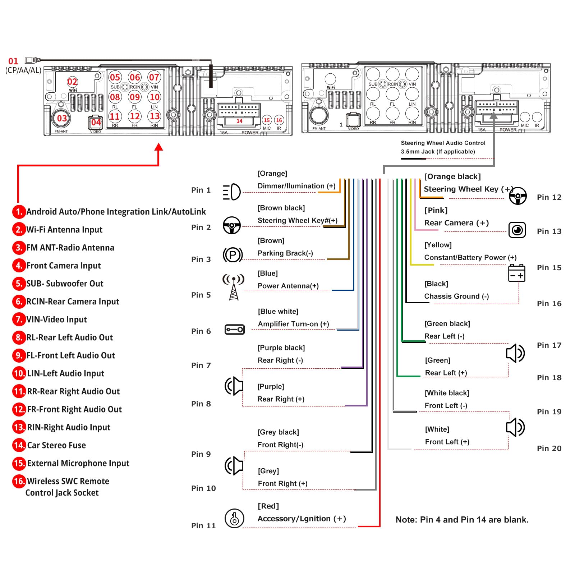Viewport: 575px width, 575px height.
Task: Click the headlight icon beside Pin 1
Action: [x=232, y=192]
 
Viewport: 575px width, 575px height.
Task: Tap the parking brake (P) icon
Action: [x=233, y=255]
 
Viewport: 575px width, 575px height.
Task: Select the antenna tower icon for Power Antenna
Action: [x=234, y=287]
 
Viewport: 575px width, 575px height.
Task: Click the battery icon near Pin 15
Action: [x=517, y=273]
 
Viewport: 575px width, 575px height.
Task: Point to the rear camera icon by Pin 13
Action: [x=517, y=230]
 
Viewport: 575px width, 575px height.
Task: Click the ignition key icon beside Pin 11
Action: [x=234, y=518]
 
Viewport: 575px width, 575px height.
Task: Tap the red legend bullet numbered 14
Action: [x=19, y=445]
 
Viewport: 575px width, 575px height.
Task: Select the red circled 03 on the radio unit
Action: [x=62, y=118]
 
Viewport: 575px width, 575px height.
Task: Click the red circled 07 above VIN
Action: [x=154, y=77]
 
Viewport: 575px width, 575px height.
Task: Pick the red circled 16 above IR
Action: [x=279, y=120]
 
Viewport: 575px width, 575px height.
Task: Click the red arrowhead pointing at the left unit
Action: [x=158, y=147]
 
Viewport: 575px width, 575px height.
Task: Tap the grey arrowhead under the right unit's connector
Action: [x=494, y=116]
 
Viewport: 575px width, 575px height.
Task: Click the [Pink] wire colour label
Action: [x=436, y=210]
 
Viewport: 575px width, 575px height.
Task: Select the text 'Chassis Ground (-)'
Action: [x=456, y=296]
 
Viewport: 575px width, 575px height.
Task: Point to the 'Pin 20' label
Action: [x=549, y=448]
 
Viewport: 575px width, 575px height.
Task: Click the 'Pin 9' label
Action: [x=201, y=454]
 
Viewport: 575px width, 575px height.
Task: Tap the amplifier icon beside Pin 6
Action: [x=234, y=329]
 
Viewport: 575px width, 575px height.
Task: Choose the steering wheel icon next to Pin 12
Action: [x=518, y=196]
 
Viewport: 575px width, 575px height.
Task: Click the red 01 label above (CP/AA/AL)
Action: [x=13, y=61]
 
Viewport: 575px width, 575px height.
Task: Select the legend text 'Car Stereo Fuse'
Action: [x=56, y=445]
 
